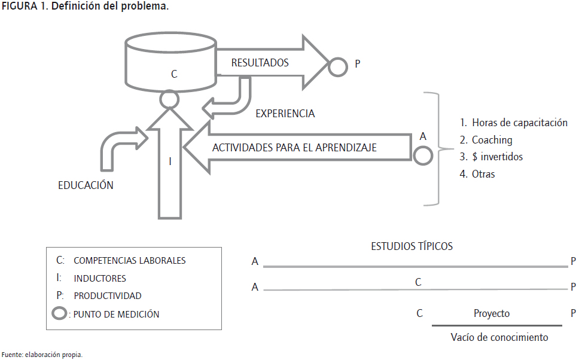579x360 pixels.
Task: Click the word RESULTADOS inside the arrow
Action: [260, 62]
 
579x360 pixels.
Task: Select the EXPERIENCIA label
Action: [285, 113]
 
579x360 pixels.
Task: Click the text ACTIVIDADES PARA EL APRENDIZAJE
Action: [295, 147]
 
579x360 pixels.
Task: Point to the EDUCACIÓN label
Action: [86, 185]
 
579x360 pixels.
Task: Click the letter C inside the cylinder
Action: [174, 74]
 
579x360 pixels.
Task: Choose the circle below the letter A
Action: [422, 155]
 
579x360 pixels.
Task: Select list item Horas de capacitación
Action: [513, 123]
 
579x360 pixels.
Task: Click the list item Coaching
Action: [486, 140]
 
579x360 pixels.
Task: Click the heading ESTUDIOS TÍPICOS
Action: [412, 246]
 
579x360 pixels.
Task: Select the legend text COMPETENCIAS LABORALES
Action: [129, 261]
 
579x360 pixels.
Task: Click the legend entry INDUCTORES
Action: [100, 278]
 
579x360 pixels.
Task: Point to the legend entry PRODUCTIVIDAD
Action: [108, 295]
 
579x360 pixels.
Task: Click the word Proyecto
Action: [492, 313]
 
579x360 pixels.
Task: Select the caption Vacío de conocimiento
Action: [499, 337]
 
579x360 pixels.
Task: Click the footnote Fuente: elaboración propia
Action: [42, 355]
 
